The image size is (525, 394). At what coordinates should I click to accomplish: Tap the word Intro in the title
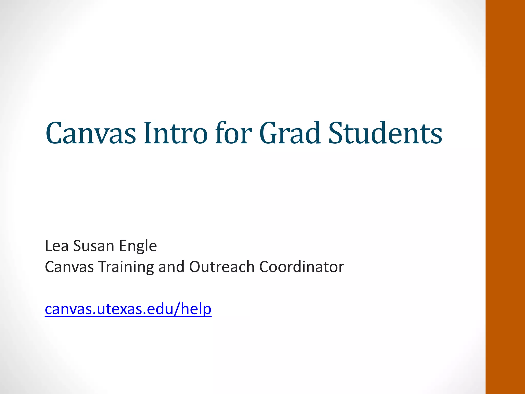coord(176,133)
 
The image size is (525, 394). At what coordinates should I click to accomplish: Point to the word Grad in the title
coord(290,133)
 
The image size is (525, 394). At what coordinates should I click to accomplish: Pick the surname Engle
coord(138,246)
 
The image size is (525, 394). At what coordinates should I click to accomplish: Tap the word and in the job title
coord(171,267)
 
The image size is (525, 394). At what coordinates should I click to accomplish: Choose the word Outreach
coord(222,267)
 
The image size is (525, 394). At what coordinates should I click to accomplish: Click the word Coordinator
coord(301,267)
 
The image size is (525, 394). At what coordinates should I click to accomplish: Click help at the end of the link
coord(196,309)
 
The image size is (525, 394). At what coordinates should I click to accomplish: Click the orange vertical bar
coord(505,197)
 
